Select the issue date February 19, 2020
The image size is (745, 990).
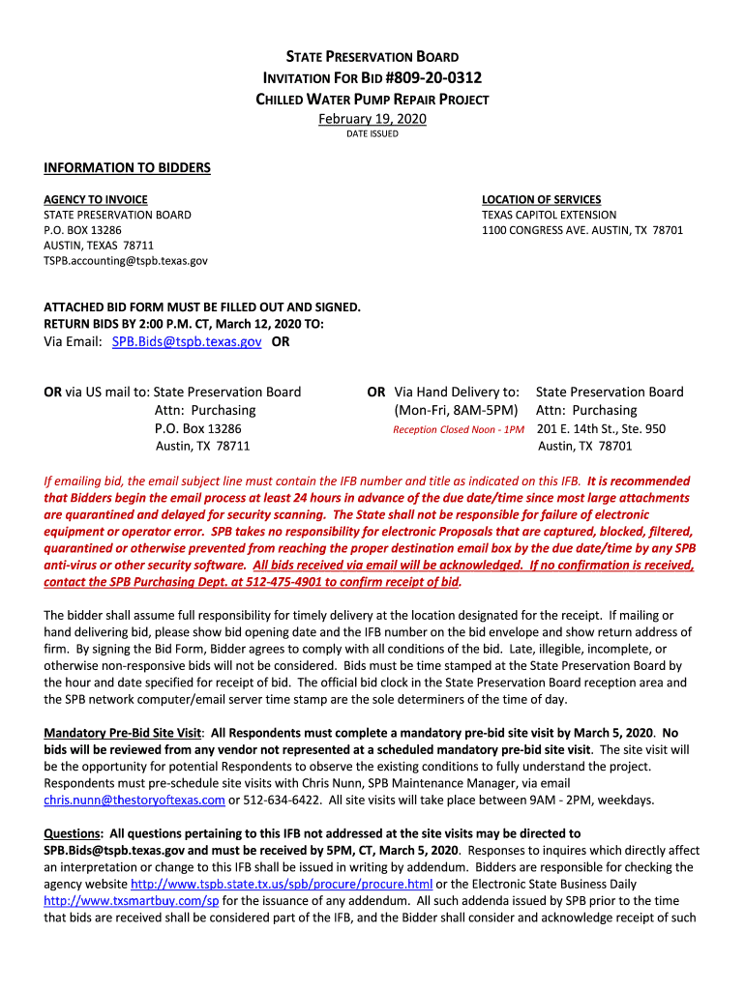click(372, 119)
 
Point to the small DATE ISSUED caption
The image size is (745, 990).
click(372, 134)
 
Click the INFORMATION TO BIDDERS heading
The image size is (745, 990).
click(127, 168)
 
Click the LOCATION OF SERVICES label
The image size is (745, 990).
click(541, 199)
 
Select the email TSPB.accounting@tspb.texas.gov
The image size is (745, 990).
click(126, 261)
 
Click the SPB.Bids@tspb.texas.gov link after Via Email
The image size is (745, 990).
click(187, 342)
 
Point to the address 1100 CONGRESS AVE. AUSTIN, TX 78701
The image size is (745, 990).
click(582, 230)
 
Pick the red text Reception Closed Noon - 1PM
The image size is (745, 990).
click(459, 429)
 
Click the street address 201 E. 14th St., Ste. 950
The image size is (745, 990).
click(601, 428)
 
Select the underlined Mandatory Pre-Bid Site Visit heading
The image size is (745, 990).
click(124, 732)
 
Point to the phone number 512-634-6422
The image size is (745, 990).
click(281, 800)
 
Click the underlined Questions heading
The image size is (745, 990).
click(74, 833)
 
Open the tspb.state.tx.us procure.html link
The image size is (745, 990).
click(282, 884)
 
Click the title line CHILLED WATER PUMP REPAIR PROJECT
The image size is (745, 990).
click(372, 100)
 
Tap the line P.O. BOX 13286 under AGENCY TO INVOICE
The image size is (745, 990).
click(83, 230)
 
